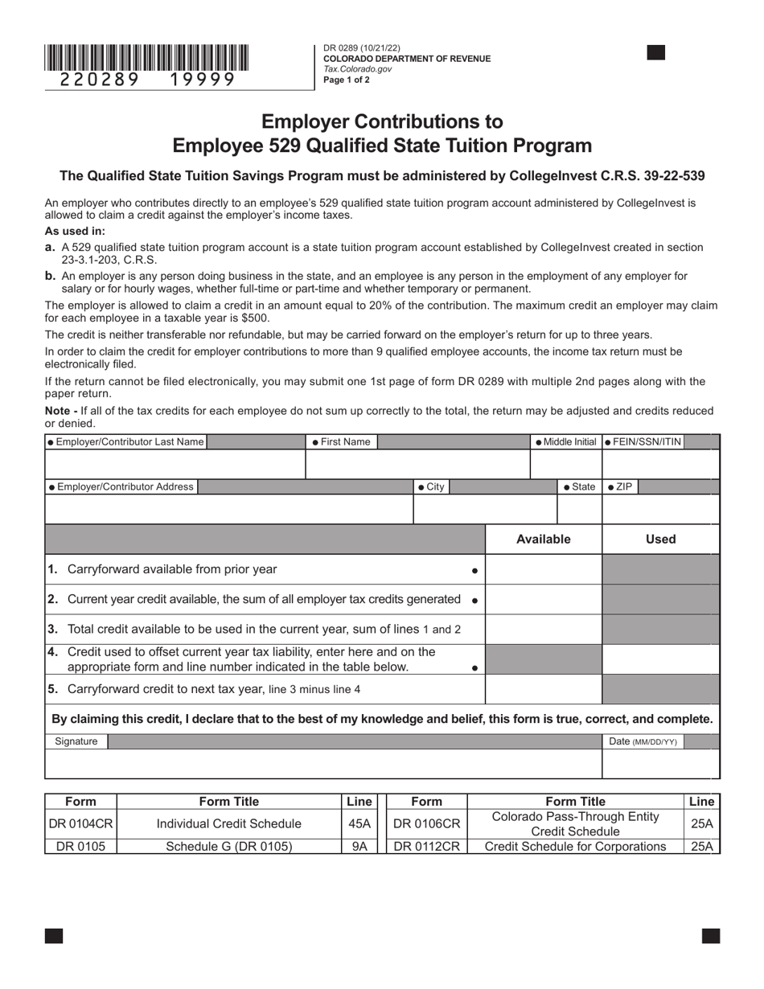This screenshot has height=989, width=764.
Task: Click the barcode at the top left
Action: pos(146,58)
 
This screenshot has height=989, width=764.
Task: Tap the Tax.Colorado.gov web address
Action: pos(357,69)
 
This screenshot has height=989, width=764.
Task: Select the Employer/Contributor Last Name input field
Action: pos(175,465)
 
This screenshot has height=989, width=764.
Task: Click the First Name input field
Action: pos(417,465)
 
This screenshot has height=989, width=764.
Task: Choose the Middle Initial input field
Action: pos(565,465)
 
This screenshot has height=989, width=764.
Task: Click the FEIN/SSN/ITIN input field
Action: pos(660,465)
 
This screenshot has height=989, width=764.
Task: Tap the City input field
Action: pos(484,510)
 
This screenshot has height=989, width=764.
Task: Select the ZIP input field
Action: pos(660,510)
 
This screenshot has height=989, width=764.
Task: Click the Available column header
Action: pos(543,540)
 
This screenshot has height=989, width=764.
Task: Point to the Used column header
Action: pos(660,540)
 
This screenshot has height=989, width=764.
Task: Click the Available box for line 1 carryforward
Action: pos(543,569)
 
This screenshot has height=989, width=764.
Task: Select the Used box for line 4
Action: pos(660,659)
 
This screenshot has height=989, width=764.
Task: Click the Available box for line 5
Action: pos(543,689)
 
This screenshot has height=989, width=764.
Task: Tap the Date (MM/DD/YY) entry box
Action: pos(660,764)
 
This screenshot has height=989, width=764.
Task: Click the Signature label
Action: pos(76,741)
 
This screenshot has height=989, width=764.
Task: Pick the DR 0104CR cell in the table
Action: pos(80,823)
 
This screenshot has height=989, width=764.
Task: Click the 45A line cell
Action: pos(359,823)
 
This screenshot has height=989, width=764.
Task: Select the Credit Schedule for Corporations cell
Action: pos(575,846)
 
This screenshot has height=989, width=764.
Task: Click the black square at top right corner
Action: pos(656,53)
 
